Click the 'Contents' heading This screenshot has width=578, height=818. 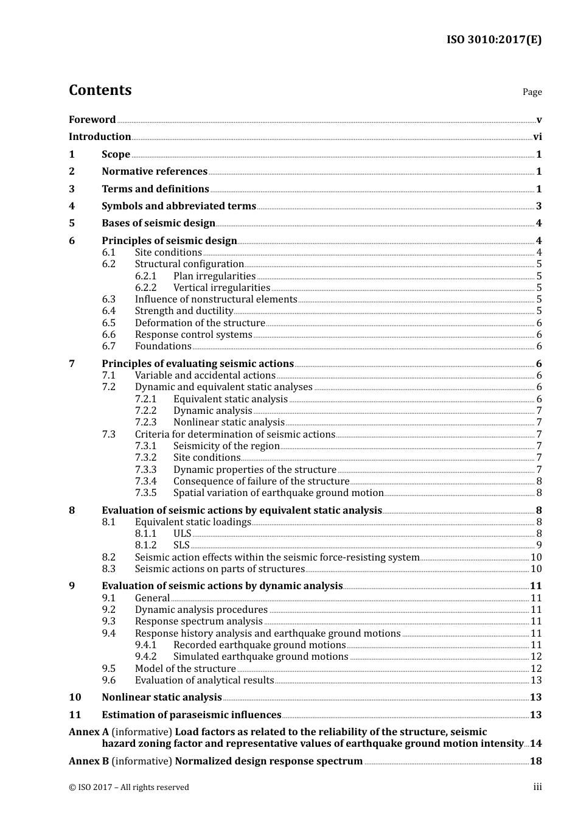100,90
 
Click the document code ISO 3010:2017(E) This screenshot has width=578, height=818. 494,40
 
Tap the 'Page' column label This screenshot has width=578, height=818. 532,92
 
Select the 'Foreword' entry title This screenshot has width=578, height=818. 92,120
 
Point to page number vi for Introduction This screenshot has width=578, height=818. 537,137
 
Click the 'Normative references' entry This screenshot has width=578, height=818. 155,172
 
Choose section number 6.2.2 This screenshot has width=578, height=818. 145,288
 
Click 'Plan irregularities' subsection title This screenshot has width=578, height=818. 214,276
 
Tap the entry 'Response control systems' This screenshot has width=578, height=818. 193,335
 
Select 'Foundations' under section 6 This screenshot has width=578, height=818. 163,346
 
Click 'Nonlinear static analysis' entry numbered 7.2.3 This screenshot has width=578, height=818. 229,422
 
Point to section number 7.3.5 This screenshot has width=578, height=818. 145,493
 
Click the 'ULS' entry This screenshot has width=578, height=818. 182,534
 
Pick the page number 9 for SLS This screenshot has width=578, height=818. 539,545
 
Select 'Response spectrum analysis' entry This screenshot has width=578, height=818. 198,621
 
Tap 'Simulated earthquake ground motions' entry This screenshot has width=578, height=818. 260,657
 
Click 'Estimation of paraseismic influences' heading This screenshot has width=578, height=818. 191,715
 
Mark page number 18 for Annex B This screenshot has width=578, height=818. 535,761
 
